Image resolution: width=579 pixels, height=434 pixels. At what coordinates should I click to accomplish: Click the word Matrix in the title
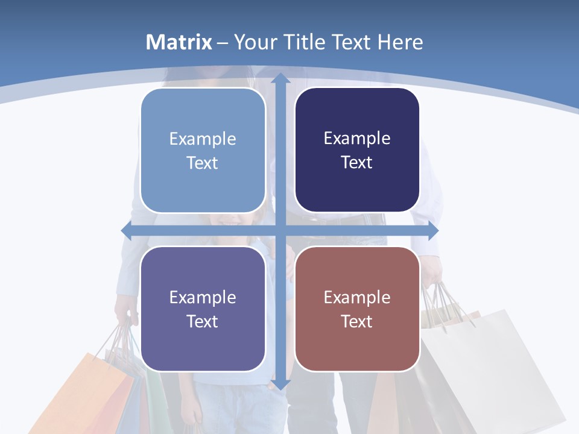179,42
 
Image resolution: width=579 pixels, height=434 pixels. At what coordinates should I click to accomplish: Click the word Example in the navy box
357,139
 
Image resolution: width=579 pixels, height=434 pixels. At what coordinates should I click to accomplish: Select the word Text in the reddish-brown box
357,322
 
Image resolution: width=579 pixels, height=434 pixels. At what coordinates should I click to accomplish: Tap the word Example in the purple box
203,297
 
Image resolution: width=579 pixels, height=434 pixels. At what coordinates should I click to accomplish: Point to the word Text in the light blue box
203,163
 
